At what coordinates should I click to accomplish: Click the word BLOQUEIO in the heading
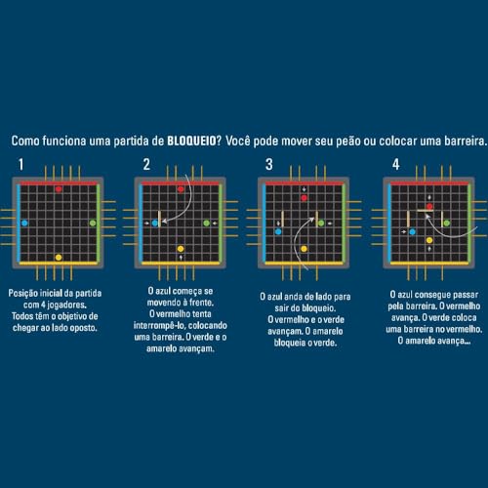(191, 141)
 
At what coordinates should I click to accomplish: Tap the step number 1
(21, 164)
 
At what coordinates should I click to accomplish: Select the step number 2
(146, 164)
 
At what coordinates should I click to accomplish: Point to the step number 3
(269, 164)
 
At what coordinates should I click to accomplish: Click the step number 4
(395, 164)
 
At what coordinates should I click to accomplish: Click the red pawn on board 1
(59, 189)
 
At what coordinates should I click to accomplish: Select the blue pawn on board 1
(24, 224)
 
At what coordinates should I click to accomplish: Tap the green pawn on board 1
(93, 224)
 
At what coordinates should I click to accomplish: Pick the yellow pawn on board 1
(59, 258)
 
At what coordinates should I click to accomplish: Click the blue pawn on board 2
(155, 224)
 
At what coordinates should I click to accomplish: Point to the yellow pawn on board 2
(181, 249)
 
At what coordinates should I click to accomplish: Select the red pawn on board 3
(304, 198)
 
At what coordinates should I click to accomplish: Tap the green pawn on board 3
(321, 224)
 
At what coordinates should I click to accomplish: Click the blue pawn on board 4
(412, 232)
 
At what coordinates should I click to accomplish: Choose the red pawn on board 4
(429, 206)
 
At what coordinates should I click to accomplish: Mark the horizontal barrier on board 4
(426, 211)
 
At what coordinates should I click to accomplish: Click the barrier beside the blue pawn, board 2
(159, 219)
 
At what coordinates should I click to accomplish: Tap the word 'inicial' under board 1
(51, 294)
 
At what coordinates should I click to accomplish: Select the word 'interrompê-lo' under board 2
(158, 326)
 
